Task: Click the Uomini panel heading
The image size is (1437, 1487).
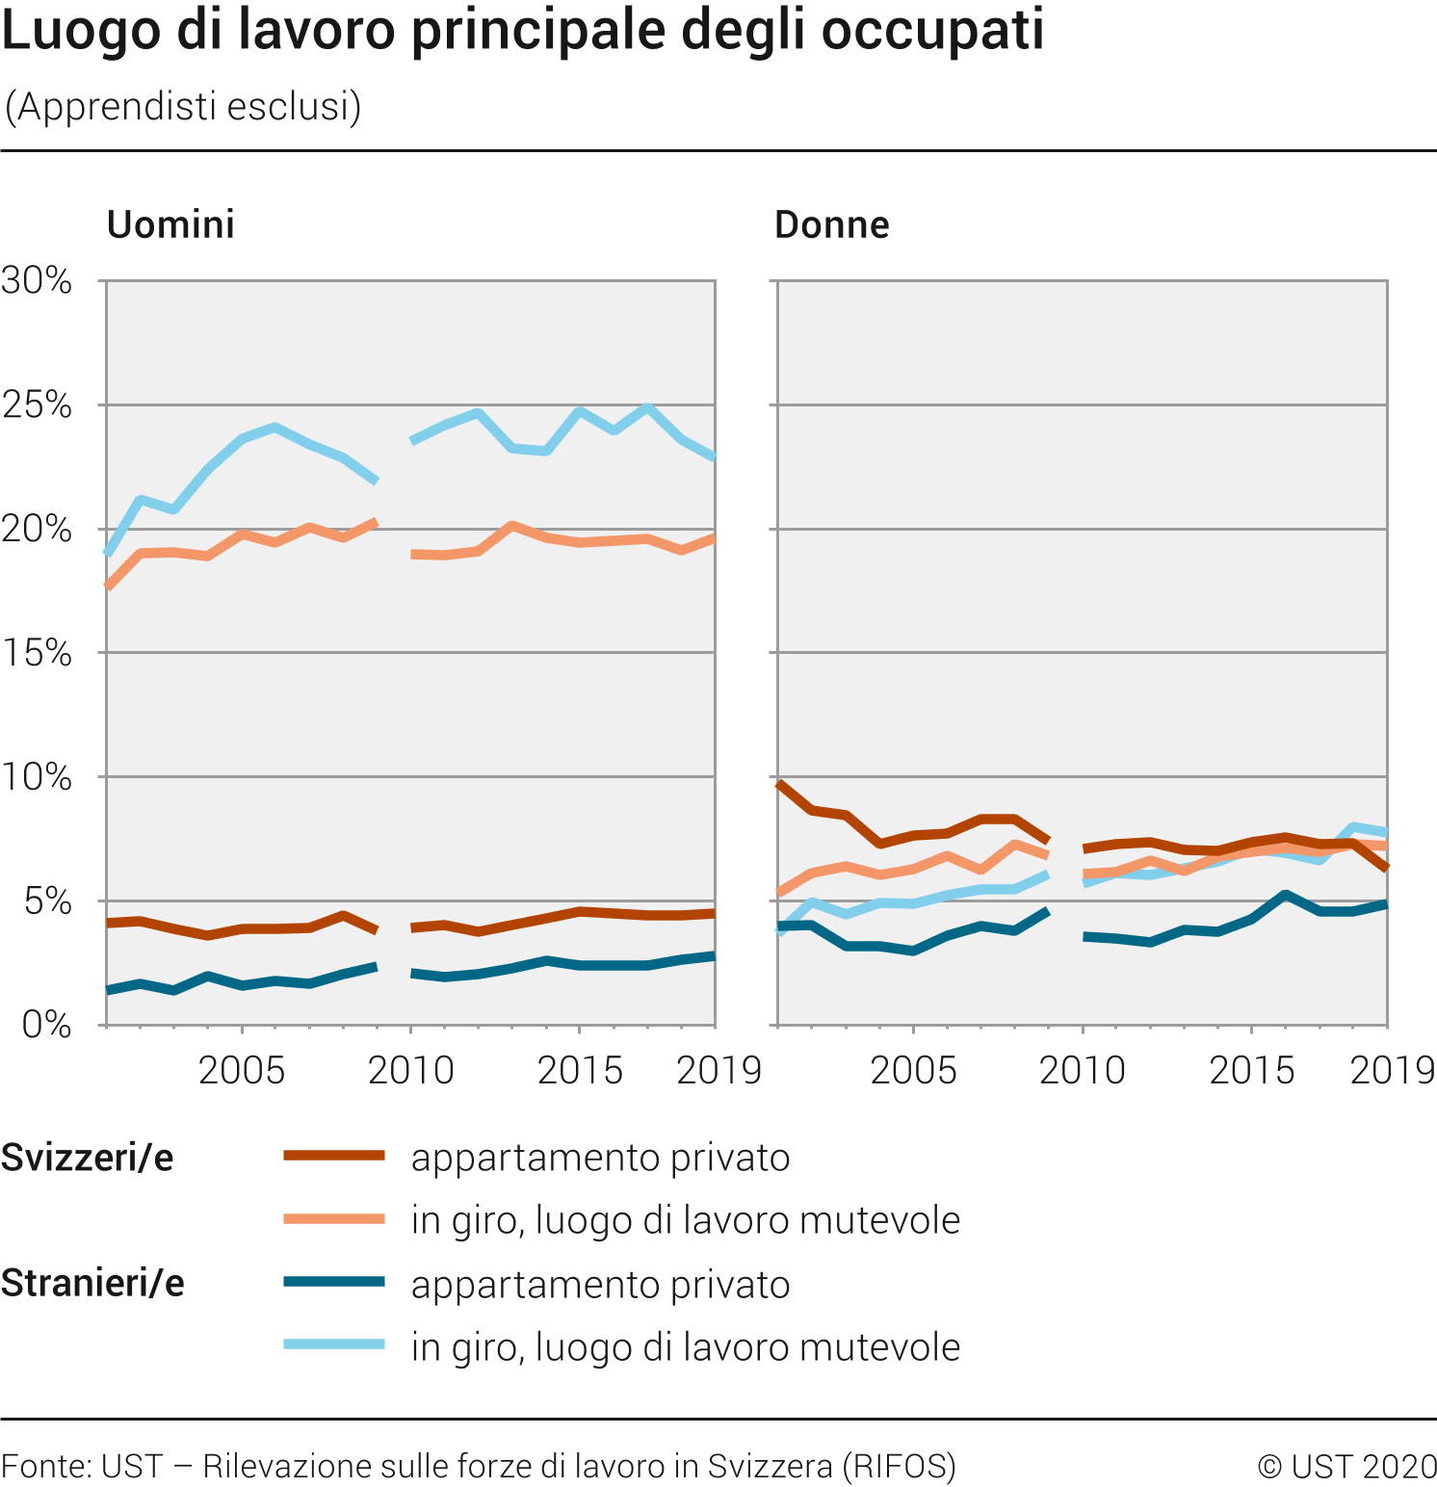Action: (170, 224)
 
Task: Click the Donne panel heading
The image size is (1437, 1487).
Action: (831, 224)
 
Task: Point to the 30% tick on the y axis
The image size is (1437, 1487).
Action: (37, 280)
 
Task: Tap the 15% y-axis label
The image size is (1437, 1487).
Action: (37, 653)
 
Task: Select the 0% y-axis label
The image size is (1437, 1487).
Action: (46, 1025)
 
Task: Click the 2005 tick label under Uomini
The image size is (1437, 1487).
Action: (242, 1070)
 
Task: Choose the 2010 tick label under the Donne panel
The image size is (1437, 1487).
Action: (1082, 1070)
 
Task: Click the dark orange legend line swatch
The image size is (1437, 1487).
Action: (334, 1156)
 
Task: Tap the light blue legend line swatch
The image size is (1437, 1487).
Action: (334, 1344)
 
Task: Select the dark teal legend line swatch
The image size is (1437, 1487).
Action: (334, 1282)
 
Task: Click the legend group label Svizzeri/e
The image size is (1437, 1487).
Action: (88, 1157)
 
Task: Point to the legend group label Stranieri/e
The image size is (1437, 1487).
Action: (92, 1283)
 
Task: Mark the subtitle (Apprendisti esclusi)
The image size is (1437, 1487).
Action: (183, 106)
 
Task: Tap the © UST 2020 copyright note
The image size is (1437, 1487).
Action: (1346, 1466)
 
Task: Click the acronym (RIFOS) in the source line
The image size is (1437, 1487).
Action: (899, 1466)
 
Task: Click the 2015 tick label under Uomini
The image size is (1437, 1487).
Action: (580, 1070)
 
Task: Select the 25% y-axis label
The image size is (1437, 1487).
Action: (37, 404)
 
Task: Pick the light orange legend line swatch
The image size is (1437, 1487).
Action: (334, 1219)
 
